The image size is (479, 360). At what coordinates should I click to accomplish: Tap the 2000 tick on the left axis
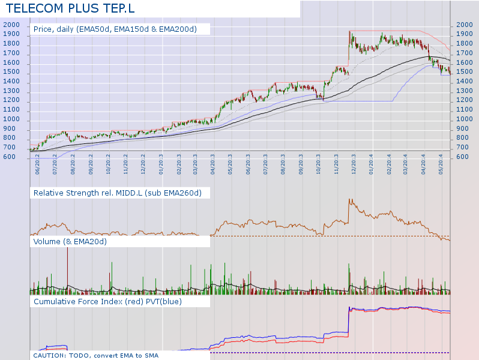pyautogui.click(x=11, y=25)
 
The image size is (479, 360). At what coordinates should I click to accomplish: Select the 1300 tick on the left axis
pyautogui.click(x=11, y=91)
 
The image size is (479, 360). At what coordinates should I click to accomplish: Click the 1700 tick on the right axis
pyautogui.click(x=464, y=53)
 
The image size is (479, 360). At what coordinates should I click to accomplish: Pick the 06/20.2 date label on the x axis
pyautogui.click(x=38, y=164)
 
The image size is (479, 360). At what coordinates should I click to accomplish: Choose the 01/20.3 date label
pyautogui.click(x=161, y=164)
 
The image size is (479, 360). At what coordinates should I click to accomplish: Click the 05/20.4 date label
pyautogui.click(x=442, y=164)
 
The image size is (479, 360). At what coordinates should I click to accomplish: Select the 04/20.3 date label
pyautogui.click(x=214, y=164)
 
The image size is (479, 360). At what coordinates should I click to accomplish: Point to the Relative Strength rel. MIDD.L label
pyautogui.click(x=122, y=193)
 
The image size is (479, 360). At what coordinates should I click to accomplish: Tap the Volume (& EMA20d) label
pyautogui.click(x=70, y=242)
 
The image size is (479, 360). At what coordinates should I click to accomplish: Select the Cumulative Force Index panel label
pyautogui.click(x=108, y=302)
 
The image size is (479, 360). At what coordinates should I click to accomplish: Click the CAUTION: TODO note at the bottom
pyautogui.click(x=96, y=355)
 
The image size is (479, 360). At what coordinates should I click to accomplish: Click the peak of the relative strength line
pyautogui.click(x=349, y=199)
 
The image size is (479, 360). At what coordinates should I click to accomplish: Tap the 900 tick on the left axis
pyautogui.click(x=11, y=129)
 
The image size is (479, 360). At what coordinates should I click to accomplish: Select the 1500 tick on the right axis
pyautogui.click(x=464, y=72)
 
